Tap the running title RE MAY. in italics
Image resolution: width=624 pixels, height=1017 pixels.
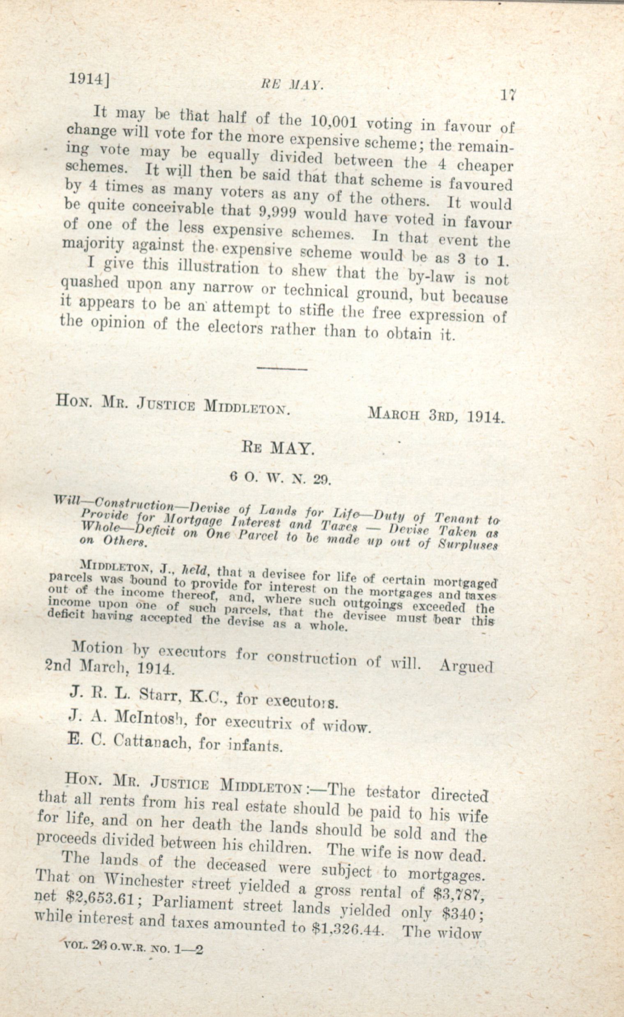[x=292, y=85]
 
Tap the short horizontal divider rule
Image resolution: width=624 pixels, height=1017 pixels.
[x=282, y=368]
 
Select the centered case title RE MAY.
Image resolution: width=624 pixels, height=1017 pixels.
[x=277, y=448]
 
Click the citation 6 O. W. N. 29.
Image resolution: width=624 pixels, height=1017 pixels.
[x=281, y=479]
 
